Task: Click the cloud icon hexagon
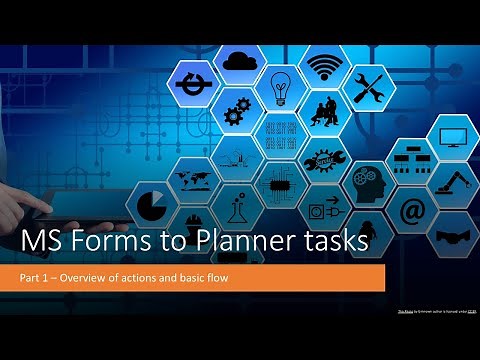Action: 240,63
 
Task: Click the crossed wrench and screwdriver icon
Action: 367,86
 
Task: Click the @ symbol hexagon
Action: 412,211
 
